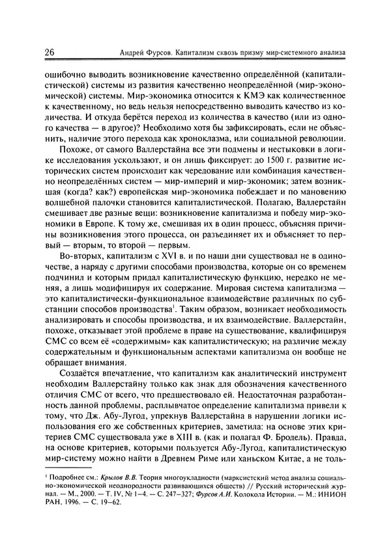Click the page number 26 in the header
coord(50,52)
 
